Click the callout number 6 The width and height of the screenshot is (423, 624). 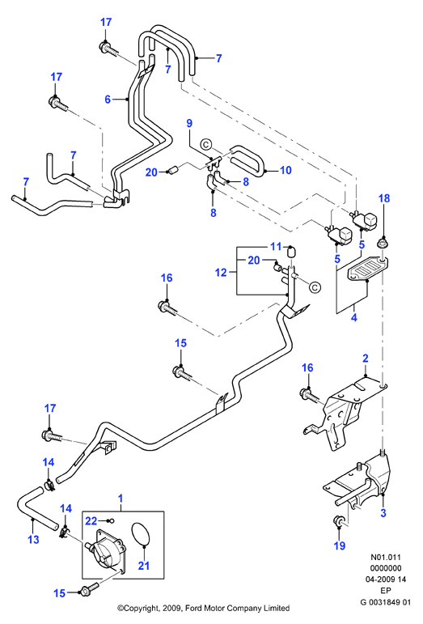(108, 99)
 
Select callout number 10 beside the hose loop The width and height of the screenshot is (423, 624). (286, 170)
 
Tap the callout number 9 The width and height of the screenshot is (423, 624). (189, 123)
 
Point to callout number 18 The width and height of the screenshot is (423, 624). (384, 198)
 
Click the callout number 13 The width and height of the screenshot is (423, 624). (34, 539)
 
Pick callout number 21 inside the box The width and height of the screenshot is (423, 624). (143, 565)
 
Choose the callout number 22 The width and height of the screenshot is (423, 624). (91, 520)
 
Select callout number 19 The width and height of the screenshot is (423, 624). (340, 545)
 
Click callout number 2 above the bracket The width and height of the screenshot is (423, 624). (366, 359)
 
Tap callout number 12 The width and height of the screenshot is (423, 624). (221, 273)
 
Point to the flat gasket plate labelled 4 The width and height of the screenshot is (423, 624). (368, 272)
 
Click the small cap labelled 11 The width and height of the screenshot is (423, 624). (292, 253)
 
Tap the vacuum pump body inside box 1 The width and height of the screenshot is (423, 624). (105, 548)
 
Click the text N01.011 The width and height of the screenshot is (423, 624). (386, 558)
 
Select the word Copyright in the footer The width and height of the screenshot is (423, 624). (141, 609)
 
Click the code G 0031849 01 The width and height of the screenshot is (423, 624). (385, 602)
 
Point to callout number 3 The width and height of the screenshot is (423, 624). (383, 512)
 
